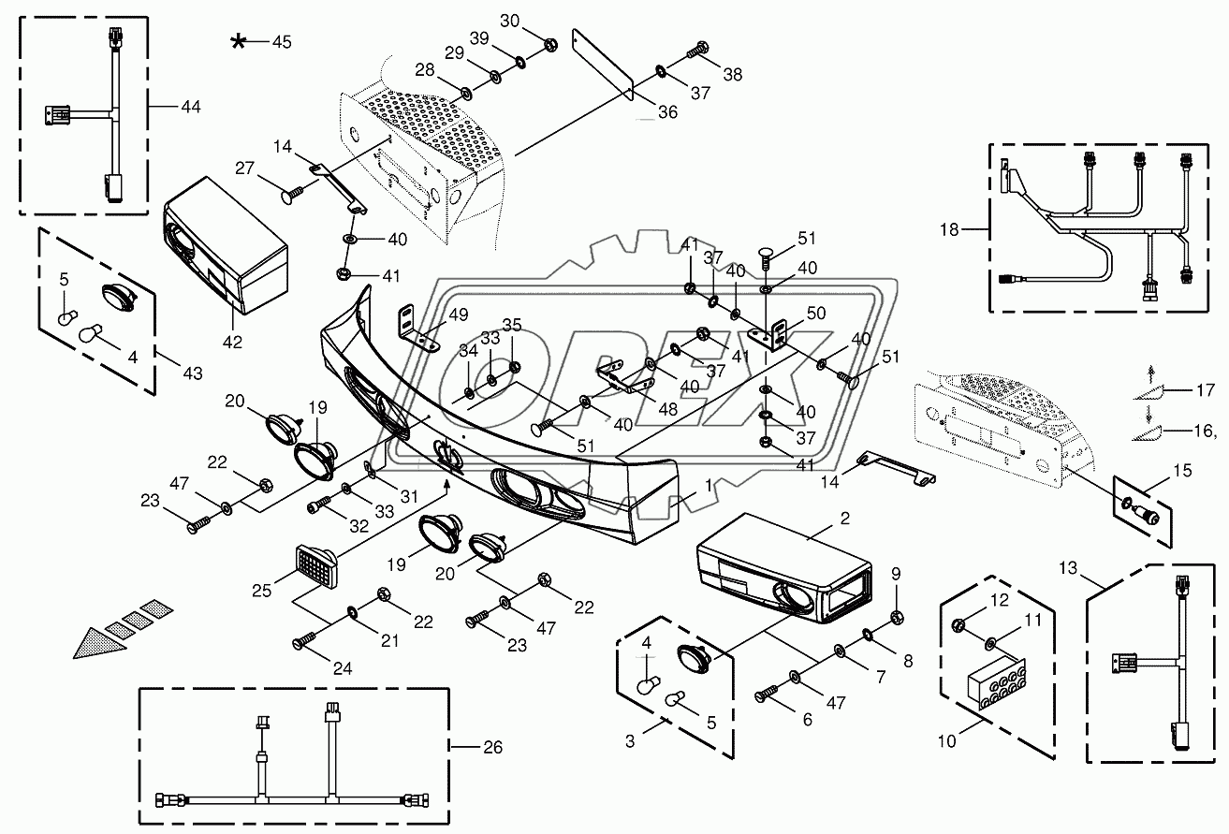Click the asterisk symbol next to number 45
tap(241, 42)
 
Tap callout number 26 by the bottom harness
tap(493, 747)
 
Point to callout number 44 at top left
tap(190, 109)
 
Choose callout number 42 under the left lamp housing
tap(232, 342)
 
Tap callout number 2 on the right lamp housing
tap(844, 517)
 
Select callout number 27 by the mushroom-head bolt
tap(245, 169)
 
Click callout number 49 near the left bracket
tap(458, 315)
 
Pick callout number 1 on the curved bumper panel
tap(709, 485)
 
